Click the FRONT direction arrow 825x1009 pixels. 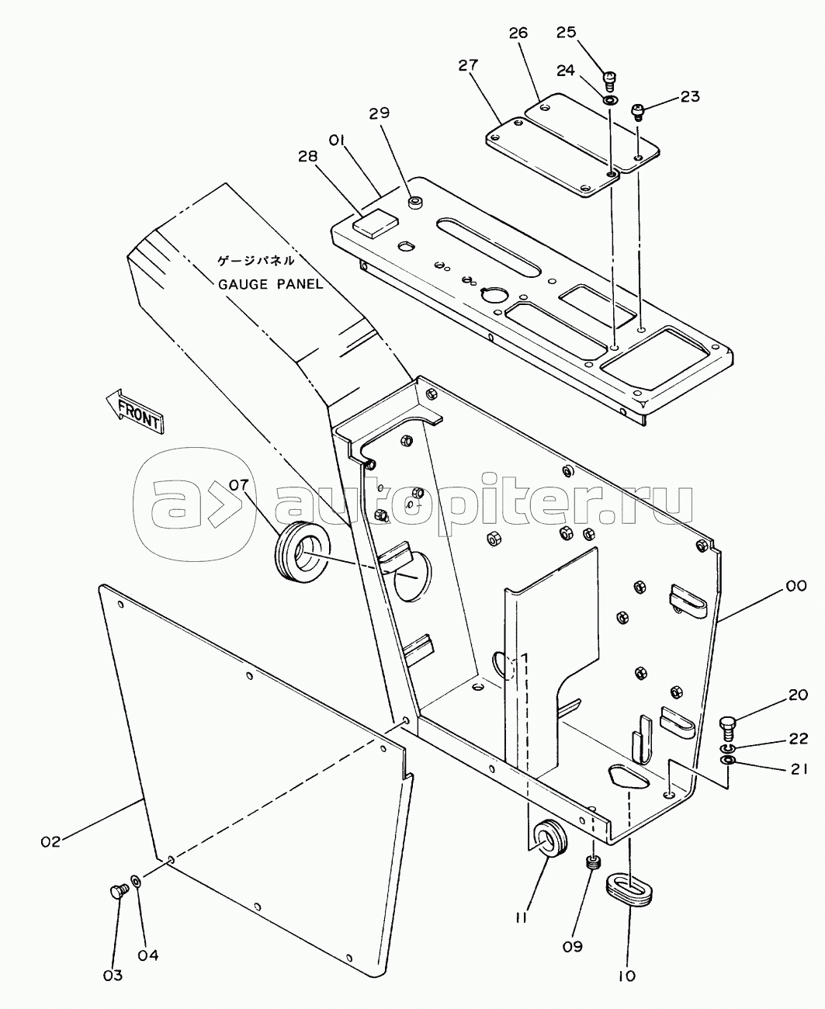click(135, 411)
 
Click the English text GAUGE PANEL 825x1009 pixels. click(271, 284)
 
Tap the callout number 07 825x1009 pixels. click(239, 484)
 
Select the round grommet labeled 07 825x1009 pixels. click(302, 551)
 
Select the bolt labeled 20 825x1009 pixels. click(727, 728)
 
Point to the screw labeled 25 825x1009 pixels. click(609, 80)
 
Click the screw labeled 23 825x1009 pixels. click(639, 112)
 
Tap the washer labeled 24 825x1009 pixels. click(610, 100)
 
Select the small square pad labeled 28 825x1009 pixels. click(375, 224)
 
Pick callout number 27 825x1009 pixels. click(468, 65)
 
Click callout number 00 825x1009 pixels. click(796, 585)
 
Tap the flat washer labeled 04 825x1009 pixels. click(135, 880)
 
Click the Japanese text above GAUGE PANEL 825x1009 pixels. click(256, 261)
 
